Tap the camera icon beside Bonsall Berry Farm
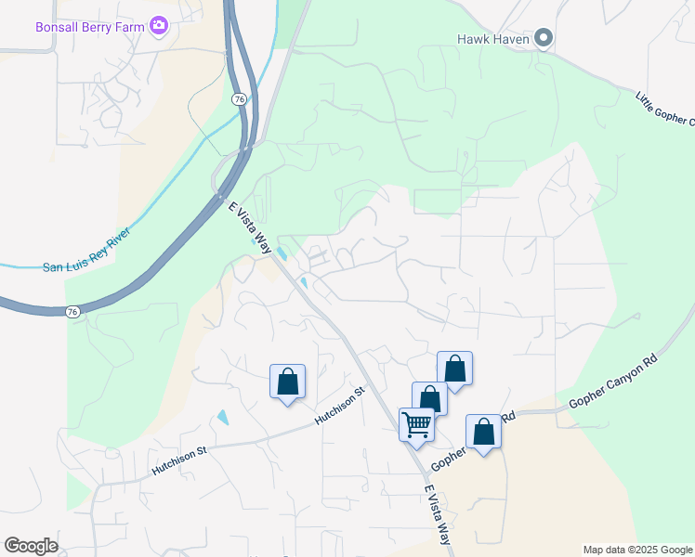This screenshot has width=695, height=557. click(159, 25)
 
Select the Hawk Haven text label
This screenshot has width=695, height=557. click(492, 39)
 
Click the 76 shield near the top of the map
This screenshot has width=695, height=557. click(240, 98)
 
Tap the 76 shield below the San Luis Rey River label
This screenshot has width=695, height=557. click(73, 313)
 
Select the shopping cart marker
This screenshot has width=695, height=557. click(417, 424)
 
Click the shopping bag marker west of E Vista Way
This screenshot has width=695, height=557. click(287, 381)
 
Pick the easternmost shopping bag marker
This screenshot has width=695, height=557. click(483, 432)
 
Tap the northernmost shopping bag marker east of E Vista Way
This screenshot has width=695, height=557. click(455, 369)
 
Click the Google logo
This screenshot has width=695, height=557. click(31, 545)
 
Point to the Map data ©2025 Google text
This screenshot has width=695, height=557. click(637, 550)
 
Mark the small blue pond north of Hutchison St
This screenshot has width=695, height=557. click(222, 417)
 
